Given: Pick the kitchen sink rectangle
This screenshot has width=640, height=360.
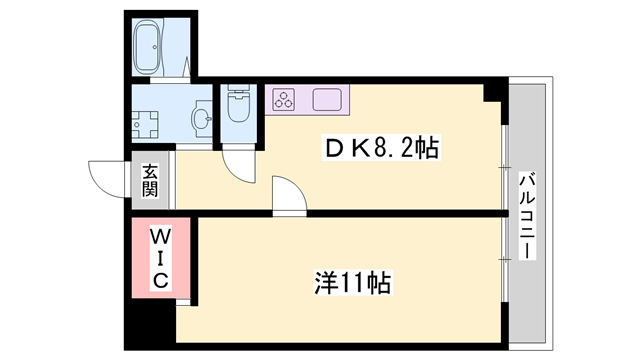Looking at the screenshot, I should point(327,99).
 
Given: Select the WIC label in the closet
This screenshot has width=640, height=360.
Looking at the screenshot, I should point(159,259).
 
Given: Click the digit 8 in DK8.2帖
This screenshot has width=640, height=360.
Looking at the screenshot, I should point(382,148).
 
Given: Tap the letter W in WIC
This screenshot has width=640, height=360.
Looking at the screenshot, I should point(159,237).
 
